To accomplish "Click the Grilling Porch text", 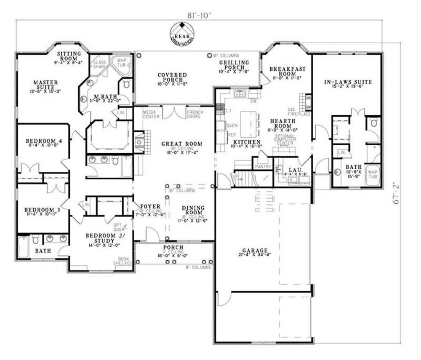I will pos(234,65).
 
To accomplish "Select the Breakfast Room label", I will pos(287,71).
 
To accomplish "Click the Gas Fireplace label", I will pos(299,111).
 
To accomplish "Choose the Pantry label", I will pos(262,167).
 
